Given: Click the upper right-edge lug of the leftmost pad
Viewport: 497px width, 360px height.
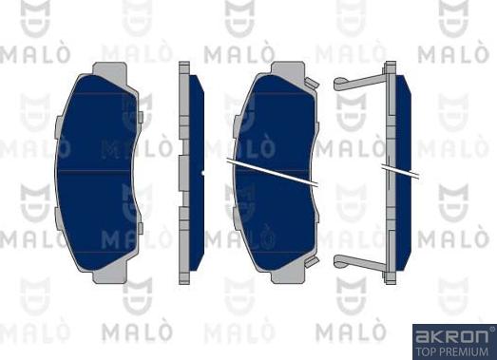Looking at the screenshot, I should click(x=141, y=118).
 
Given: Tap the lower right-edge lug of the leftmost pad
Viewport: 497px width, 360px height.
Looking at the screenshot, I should click(x=141, y=228).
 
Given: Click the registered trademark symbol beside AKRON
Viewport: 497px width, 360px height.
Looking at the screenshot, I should click(x=490, y=329).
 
